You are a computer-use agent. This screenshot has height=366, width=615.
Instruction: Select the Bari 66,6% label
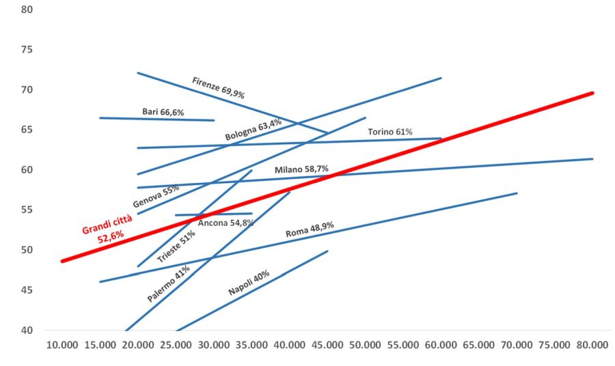pyautogui.click(x=163, y=111)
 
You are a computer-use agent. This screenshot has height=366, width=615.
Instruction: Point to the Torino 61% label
pyautogui.click(x=390, y=132)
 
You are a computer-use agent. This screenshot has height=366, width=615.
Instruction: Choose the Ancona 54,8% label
pyautogui.click(x=225, y=223)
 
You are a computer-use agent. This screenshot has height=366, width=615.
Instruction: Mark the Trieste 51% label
pyautogui.click(x=176, y=247)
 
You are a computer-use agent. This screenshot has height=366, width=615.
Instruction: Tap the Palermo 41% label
pyautogui.click(x=168, y=284)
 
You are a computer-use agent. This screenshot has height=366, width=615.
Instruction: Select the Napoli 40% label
pyautogui.click(x=249, y=283)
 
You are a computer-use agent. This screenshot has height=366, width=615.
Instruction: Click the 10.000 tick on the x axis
pyautogui.click(x=61, y=346)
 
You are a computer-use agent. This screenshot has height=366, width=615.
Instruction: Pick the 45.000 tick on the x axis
pyautogui.click(x=327, y=346)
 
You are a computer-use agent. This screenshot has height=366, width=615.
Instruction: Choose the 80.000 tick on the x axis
pyautogui.click(x=592, y=346)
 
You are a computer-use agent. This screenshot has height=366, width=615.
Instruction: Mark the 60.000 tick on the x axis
pyautogui.click(x=440, y=346)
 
